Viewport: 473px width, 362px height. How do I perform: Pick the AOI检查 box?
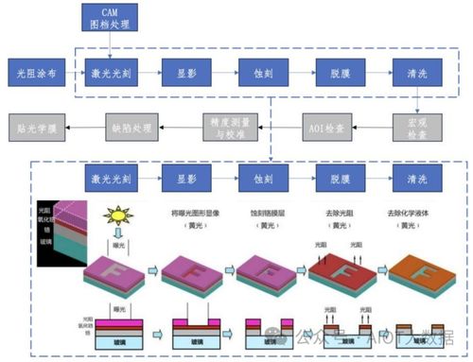pos(323,123)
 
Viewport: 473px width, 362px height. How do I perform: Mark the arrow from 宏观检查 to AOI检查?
pos(370,123)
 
